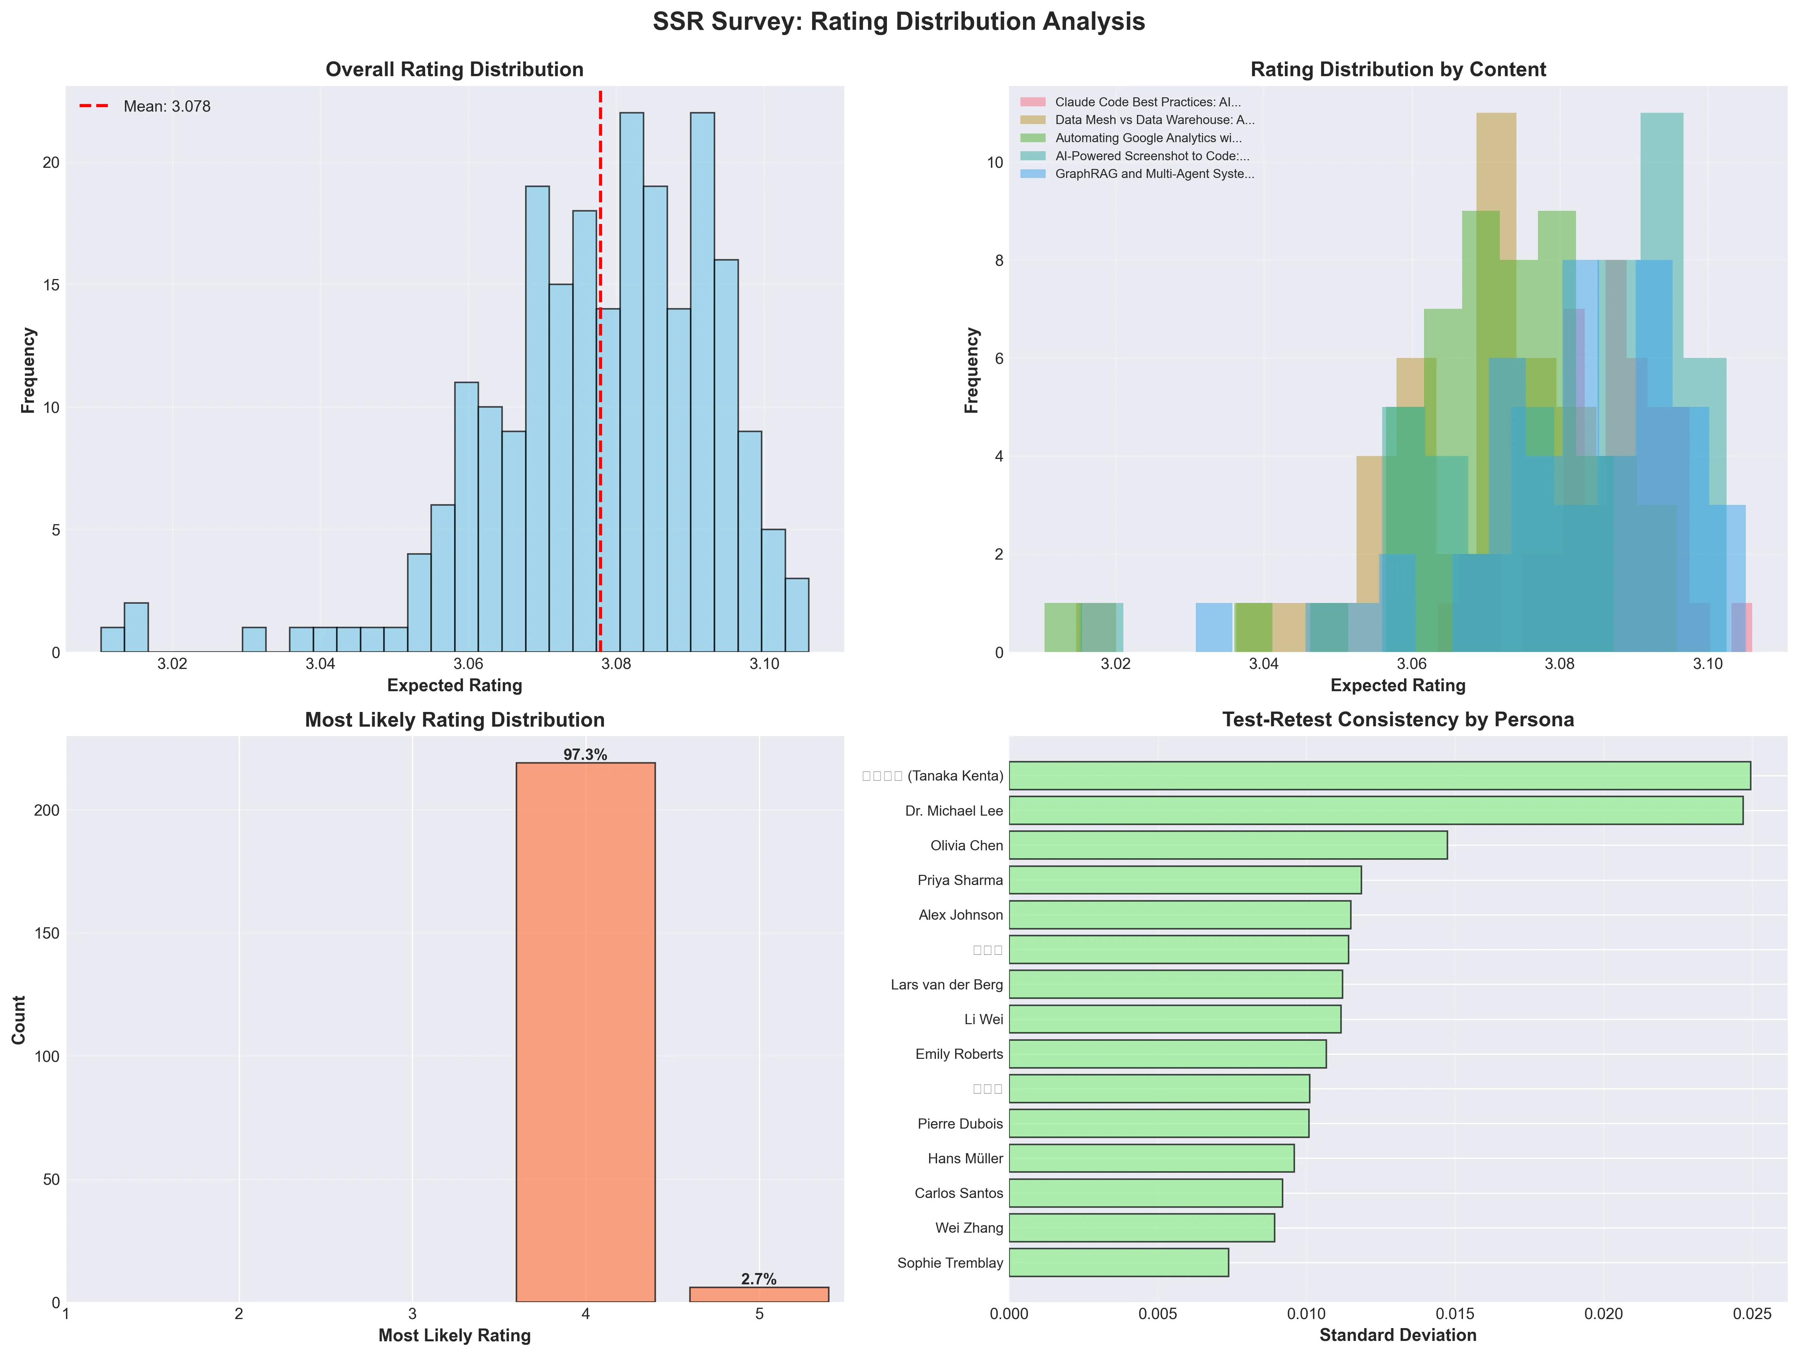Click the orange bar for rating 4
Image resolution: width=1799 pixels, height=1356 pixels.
(x=585, y=1032)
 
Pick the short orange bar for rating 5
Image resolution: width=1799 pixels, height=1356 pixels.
(x=759, y=1294)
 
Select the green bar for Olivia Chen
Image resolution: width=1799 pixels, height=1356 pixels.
(x=1228, y=845)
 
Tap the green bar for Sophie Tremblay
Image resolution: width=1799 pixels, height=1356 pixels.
(x=1118, y=1262)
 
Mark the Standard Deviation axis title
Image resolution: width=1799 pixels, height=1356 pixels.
(x=1397, y=1335)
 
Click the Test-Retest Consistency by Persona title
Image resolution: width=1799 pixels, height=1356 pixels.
(x=1397, y=719)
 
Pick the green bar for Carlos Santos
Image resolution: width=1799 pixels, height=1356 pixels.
(x=1145, y=1193)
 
